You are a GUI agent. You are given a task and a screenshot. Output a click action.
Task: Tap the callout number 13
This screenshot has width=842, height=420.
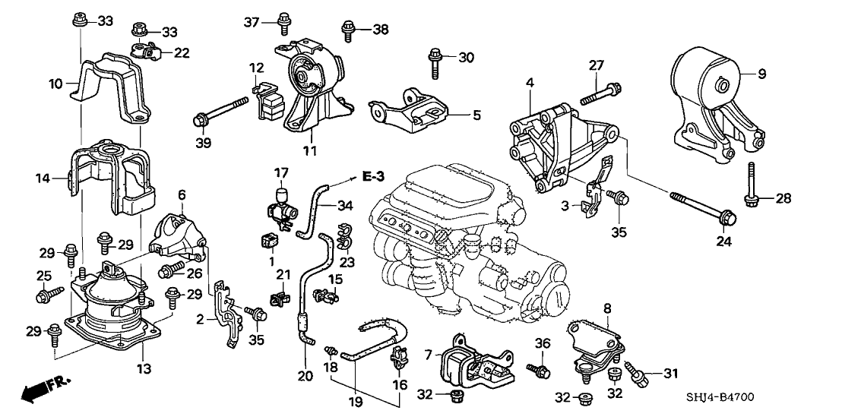click(144, 368)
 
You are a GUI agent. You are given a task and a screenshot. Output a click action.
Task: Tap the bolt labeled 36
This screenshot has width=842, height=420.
click(537, 369)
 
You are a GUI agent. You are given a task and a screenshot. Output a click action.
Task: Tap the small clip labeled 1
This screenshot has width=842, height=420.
click(267, 243)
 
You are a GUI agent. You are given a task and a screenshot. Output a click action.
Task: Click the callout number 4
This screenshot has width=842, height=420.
click(530, 82)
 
